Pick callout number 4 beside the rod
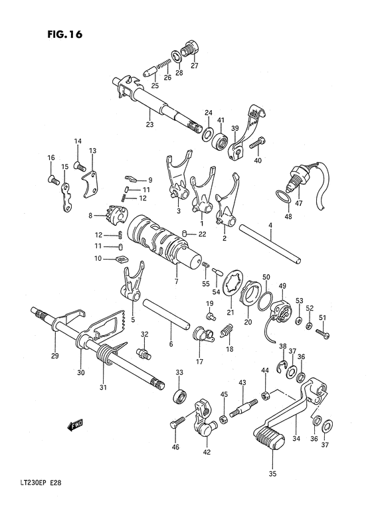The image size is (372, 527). coord(270,226)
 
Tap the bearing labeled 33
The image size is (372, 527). coord(179,397)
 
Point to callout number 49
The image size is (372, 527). coord(282,286)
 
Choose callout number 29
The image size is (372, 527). coord(54,355)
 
